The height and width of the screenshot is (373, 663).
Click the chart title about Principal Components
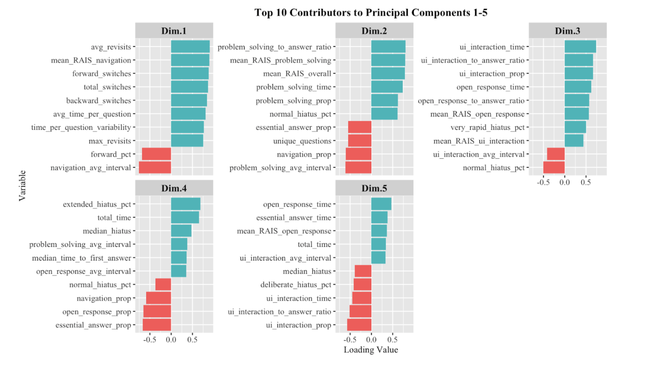click(x=371, y=13)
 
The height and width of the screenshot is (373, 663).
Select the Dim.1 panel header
click(x=174, y=31)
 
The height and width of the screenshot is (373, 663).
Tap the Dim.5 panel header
click(x=374, y=188)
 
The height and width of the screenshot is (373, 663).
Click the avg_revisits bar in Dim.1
click(x=190, y=47)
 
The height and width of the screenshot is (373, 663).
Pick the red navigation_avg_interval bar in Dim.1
click(x=155, y=168)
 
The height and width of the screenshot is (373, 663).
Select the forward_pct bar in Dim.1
click(x=156, y=154)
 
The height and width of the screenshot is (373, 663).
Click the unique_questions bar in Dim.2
click(x=360, y=141)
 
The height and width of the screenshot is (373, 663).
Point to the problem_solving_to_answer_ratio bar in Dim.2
click(x=388, y=47)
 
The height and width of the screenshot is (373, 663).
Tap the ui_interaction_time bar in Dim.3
click(x=580, y=47)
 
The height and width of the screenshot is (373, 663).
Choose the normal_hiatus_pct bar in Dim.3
click(x=554, y=168)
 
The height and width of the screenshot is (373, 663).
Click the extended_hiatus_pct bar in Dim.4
click(x=185, y=204)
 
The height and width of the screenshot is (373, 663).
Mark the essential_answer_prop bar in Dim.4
click(x=157, y=325)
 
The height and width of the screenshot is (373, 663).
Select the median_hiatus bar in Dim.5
click(x=363, y=271)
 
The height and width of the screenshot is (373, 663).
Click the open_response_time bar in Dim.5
click(x=381, y=204)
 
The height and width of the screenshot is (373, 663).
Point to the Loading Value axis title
click(x=371, y=350)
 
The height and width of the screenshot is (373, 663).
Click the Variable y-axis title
click(x=22, y=186)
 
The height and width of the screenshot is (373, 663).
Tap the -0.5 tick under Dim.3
click(x=543, y=182)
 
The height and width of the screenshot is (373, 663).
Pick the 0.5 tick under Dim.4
click(x=192, y=340)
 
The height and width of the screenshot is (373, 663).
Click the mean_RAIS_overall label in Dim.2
click(x=297, y=74)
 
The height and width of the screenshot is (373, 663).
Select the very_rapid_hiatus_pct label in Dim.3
click(x=487, y=127)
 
